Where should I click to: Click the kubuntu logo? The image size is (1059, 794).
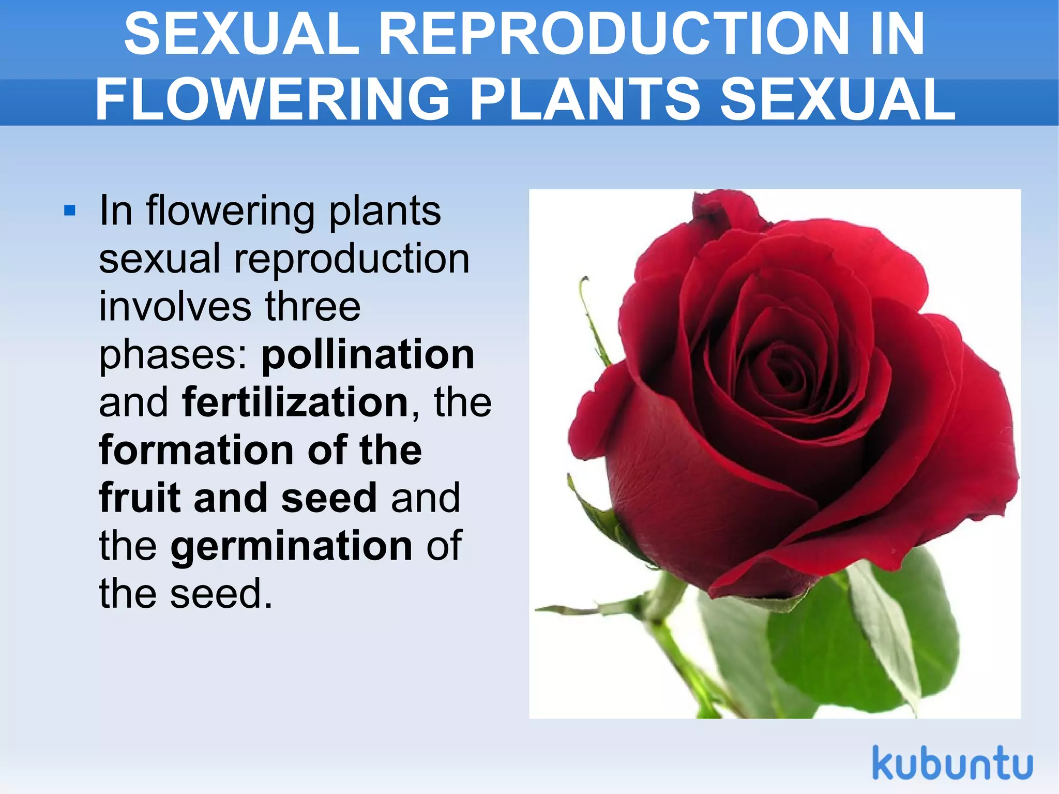click(952, 763)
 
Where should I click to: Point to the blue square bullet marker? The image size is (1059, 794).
click(70, 211)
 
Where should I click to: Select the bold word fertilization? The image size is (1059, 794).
click(295, 402)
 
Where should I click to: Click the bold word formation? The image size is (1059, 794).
click(196, 450)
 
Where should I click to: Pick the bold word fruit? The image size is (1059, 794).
click(140, 498)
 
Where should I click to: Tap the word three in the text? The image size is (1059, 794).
click(313, 307)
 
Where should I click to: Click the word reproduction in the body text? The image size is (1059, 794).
click(352, 260)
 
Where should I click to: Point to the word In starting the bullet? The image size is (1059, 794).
click(116, 211)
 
